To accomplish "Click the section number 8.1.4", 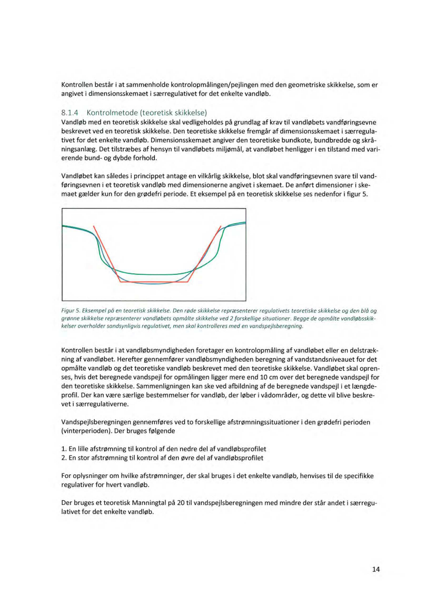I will click(x=71, y=112).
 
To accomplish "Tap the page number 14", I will click(x=375, y=569).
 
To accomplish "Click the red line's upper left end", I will click(x=94, y=226).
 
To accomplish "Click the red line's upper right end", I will click(x=221, y=226).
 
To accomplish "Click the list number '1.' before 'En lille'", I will click(x=64, y=449).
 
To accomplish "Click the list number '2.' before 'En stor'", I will click(x=64, y=458).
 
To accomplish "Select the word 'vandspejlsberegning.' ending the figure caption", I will click(x=277, y=326).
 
